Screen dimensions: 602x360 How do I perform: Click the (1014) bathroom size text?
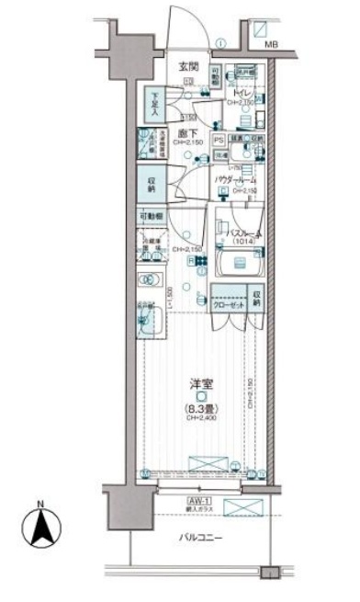(x=244, y=244)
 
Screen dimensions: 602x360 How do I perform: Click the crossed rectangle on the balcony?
(x=244, y=508)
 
